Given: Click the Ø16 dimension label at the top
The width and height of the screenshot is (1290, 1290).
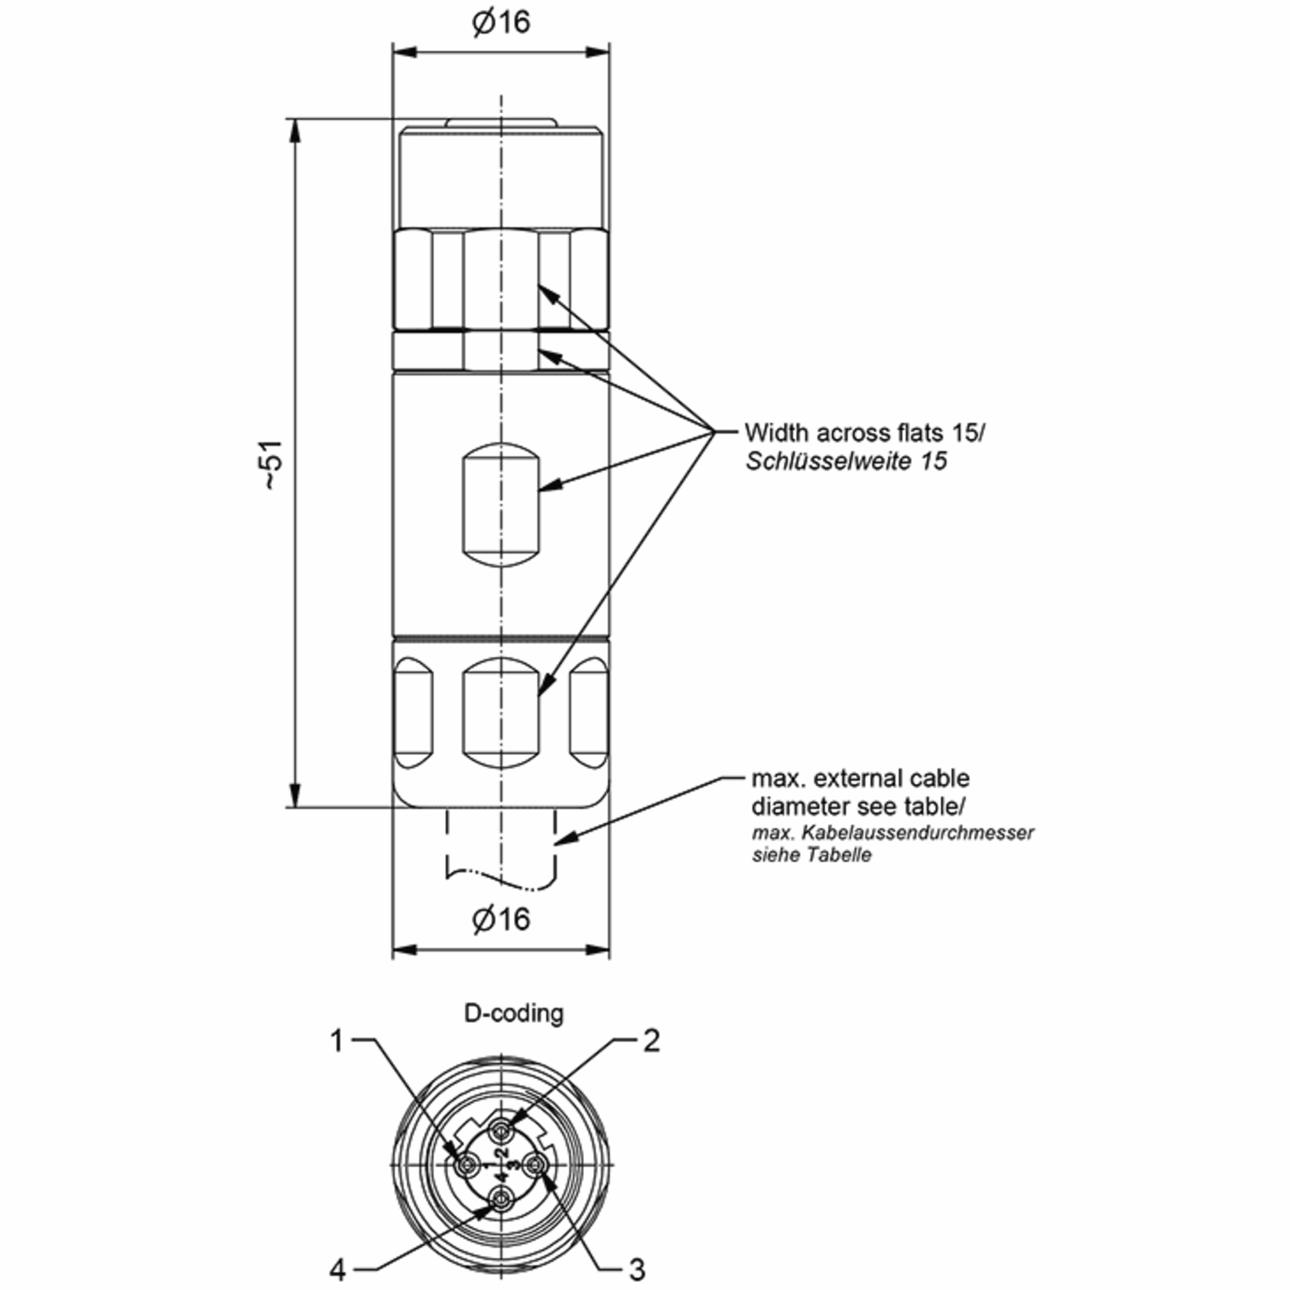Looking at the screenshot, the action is (x=501, y=23).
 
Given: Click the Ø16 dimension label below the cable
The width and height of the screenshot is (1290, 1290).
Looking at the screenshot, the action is (x=501, y=920).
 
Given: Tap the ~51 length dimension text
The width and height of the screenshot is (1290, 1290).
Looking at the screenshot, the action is (x=273, y=465).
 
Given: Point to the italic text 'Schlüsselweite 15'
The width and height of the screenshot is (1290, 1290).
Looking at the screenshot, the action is (x=846, y=461).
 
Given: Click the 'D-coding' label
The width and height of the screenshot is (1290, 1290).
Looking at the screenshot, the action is (x=513, y=1013).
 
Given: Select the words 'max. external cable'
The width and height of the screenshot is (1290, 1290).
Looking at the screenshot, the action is (x=861, y=778).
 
